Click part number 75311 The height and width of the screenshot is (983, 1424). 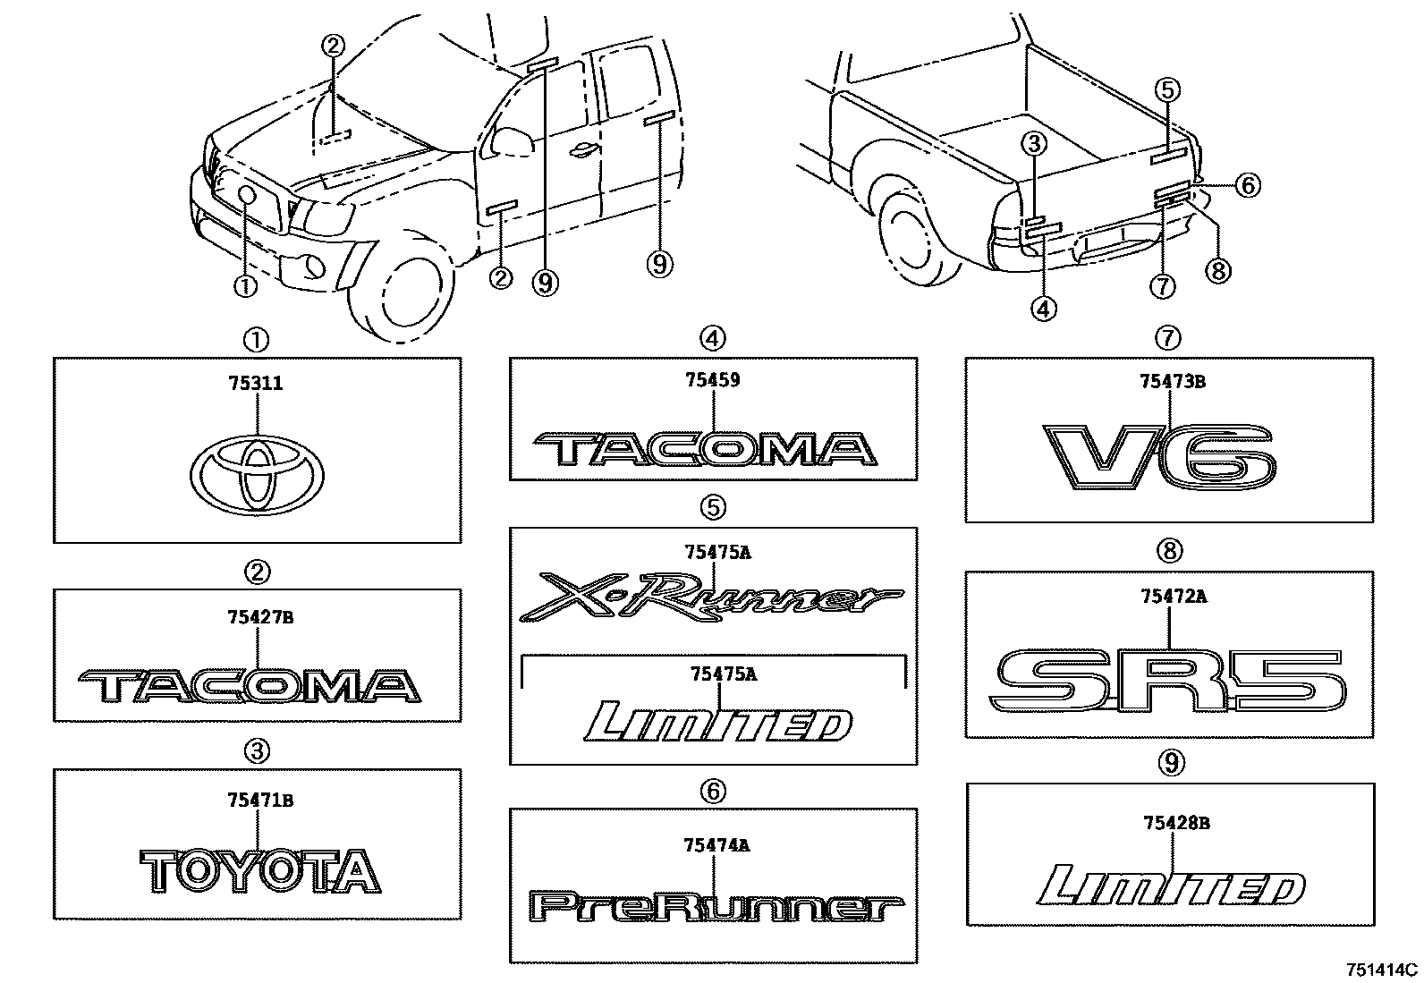(x=257, y=384)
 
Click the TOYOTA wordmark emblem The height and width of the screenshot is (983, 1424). (x=259, y=871)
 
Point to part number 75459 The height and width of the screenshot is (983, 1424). (x=712, y=379)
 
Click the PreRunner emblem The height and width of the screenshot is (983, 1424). (x=712, y=910)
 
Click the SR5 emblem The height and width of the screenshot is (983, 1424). (x=1169, y=682)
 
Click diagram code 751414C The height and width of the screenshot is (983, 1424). (x=1384, y=969)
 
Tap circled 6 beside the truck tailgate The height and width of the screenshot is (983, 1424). (x=1248, y=186)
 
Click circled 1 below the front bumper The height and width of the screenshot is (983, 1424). (x=245, y=285)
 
